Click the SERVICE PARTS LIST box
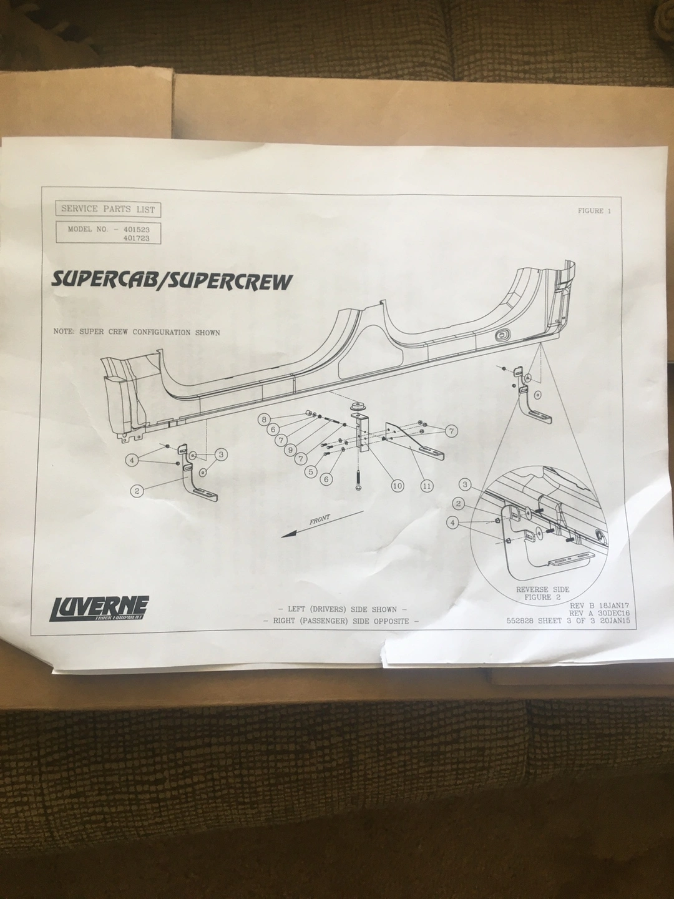click(x=108, y=209)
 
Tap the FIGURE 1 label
click(x=594, y=211)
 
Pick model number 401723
click(x=137, y=238)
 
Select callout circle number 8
click(x=265, y=419)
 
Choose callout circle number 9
click(x=290, y=449)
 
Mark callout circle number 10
click(x=398, y=485)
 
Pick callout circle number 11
click(x=427, y=485)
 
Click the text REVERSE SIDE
click(x=543, y=589)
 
